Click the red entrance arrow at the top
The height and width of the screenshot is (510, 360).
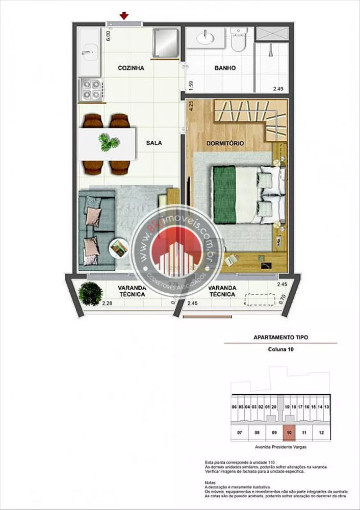[124, 17]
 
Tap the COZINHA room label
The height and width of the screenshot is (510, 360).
[131, 68]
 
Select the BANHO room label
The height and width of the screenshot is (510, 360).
[224, 68]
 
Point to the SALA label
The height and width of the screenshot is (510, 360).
[153, 143]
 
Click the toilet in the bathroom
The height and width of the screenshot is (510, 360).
[238, 39]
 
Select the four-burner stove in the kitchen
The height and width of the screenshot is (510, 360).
[91, 90]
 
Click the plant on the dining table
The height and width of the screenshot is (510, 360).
[108, 142]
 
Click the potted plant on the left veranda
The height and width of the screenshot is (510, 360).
[91, 293]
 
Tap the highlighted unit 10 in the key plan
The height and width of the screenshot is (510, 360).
[289, 432]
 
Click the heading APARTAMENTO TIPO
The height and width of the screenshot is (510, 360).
[280, 337]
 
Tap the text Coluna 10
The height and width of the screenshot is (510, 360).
[280, 349]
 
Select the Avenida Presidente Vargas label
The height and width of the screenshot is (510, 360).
[280, 447]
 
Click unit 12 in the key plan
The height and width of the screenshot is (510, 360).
[320, 432]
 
